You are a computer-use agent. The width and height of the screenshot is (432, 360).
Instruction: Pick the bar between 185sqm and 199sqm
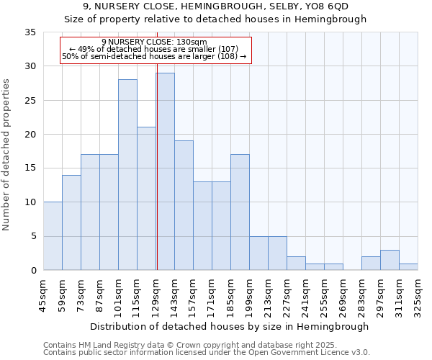tap(240, 212)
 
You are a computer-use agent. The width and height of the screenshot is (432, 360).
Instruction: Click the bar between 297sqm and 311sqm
tap(390, 260)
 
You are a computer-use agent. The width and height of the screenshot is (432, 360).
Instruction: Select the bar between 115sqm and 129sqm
tap(146, 199)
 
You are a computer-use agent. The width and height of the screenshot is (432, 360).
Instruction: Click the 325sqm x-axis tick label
tap(418, 296)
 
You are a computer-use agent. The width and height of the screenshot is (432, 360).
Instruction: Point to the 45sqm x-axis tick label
tap(43, 296)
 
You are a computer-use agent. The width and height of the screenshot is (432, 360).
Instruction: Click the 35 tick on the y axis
tap(30, 32)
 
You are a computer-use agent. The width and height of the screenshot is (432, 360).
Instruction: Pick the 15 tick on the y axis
tap(30, 168)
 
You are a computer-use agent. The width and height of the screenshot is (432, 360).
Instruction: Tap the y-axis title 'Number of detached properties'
tap(7, 155)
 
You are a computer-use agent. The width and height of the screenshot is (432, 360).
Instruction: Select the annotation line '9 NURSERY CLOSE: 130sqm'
tap(155, 42)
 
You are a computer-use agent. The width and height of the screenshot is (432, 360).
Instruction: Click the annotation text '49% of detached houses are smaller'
tap(155, 49)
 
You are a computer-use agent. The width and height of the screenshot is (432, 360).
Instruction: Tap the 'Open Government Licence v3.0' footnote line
tap(207, 353)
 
